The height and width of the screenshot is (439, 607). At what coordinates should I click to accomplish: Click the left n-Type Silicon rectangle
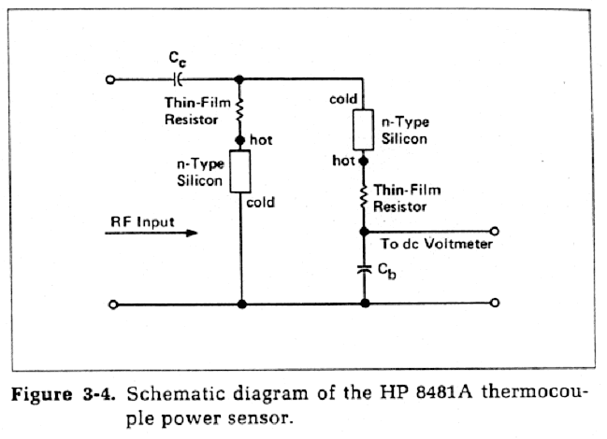pos(240,171)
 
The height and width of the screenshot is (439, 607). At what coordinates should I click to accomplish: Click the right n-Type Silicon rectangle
pos(364,131)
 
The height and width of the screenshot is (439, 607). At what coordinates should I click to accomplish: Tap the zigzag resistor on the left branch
pos(240,111)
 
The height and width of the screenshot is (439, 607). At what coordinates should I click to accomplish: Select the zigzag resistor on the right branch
pos(364,195)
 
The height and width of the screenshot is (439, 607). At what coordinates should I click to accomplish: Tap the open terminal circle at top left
pos(112,80)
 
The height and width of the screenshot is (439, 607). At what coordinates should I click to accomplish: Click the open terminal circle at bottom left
pos(112,304)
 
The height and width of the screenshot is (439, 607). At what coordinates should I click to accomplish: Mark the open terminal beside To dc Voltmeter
pos(495,230)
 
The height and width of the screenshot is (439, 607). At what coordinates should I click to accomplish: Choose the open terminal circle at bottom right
pos(495,304)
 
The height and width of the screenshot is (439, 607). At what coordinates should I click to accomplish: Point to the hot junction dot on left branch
pos(240,140)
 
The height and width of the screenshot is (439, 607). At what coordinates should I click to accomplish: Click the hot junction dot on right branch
pos(364,161)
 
